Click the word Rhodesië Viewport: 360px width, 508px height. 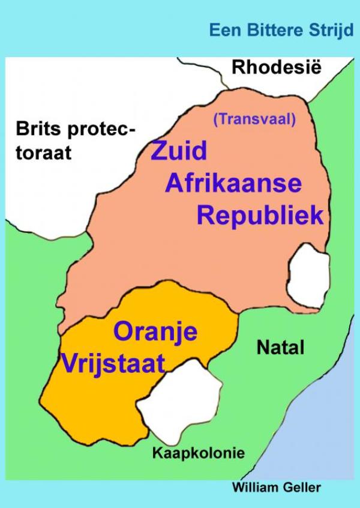pos(277,67)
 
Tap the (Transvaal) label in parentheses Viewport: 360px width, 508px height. pos(254,119)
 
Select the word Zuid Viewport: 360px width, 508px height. pos(179,150)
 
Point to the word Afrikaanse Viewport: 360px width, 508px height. pos(233,182)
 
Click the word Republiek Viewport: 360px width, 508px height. pos(260,215)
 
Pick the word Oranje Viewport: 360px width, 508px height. pos(155,331)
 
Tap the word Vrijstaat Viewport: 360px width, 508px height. pos(112,363)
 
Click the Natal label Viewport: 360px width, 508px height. pos(280,347)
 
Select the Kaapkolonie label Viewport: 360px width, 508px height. pos(199,453)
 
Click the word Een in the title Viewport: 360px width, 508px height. pos(221,30)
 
